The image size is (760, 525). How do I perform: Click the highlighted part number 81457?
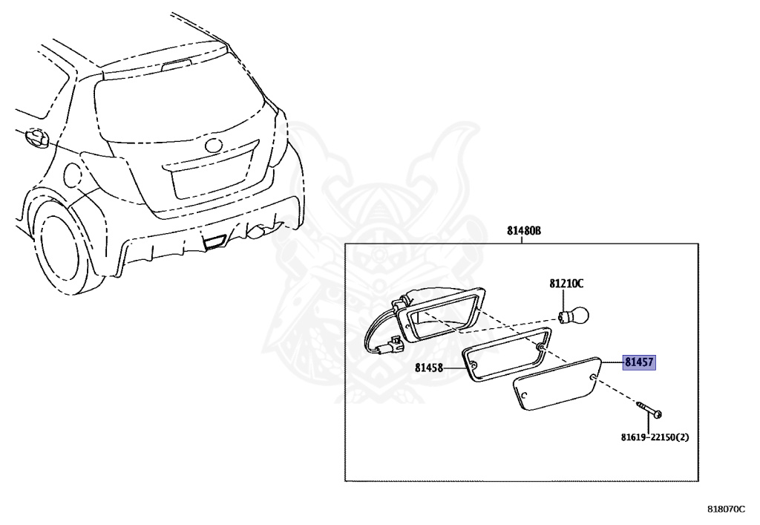[639, 362]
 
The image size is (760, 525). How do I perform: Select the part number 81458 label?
[429, 368]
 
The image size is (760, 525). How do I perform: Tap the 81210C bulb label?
[566, 283]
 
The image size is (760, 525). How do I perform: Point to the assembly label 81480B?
[524, 231]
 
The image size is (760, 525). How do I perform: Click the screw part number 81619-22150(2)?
[655, 437]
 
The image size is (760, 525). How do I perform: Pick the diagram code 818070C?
[726, 509]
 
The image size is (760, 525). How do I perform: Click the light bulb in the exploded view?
[575, 316]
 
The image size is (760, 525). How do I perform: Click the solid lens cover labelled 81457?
[557, 383]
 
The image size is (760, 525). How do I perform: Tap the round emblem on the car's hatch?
[214, 145]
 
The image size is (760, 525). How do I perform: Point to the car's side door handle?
[37, 137]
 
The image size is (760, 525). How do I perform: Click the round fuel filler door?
[73, 174]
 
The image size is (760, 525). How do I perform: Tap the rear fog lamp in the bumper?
[214, 241]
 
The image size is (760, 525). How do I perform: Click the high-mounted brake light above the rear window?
[176, 65]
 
